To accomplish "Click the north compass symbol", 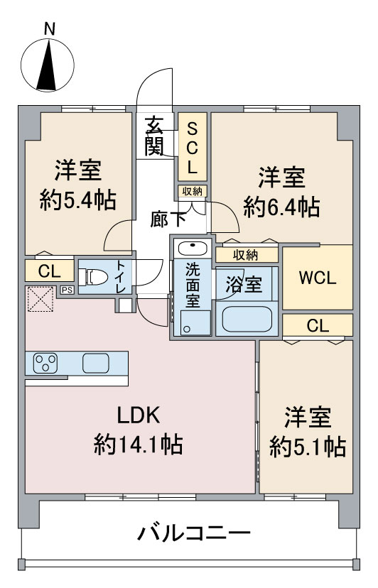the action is pyautogui.click(x=48, y=65).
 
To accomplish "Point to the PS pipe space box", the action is pyautogui.click(x=67, y=290).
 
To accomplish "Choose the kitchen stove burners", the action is pyautogui.click(x=45, y=363).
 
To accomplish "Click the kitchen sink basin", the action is pyautogui.click(x=96, y=363).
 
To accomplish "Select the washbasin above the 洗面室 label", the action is pyautogui.click(x=193, y=249).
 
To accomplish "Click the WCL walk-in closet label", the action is pyautogui.click(x=317, y=278).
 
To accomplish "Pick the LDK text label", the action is pyautogui.click(x=139, y=415).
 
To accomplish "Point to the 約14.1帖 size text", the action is pyautogui.click(x=139, y=445).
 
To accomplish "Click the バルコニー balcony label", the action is pyautogui.click(x=193, y=533).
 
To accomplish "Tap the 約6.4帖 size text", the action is pyautogui.click(x=281, y=207).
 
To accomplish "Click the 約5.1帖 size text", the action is pyautogui.click(x=308, y=446).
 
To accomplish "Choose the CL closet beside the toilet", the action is pyautogui.click(x=50, y=271).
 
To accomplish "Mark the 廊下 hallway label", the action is pyautogui.click(x=168, y=219).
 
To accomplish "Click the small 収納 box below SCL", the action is pyautogui.click(x=193, y=191).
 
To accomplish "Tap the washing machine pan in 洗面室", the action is pyautogui.click(x=195, y=322).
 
